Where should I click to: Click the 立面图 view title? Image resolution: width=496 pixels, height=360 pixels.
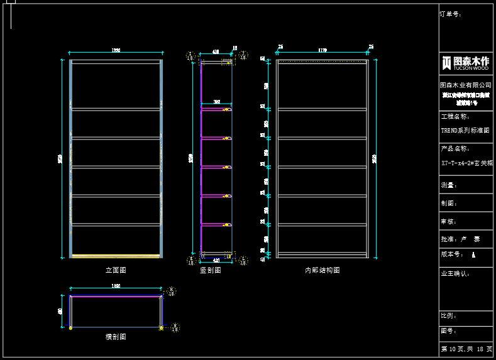(116, 270)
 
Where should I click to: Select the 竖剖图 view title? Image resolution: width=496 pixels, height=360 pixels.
(210, 270)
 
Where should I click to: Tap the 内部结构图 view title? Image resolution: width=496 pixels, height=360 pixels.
(322, 270)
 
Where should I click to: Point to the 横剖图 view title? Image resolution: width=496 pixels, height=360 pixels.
(116, 337)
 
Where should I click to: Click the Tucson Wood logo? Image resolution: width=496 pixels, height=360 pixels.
(465, 62)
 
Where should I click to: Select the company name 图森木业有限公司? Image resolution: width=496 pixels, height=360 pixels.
(465, 85)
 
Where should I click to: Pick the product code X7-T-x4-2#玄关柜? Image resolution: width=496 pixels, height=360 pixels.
(465, 163)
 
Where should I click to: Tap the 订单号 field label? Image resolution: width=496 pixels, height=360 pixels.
(451, 14)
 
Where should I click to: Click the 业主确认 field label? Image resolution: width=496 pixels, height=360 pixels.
(455, 273)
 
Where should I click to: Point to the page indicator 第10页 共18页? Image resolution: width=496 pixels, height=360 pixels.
(466, 349)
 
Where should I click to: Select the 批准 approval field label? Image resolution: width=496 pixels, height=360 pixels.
(449, 239)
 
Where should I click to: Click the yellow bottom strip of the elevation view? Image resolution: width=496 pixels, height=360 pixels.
(116, 256)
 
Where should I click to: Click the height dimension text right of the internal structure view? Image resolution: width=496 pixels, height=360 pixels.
(375, 159)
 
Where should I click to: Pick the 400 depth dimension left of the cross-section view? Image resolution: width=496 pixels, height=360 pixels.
(60, 311)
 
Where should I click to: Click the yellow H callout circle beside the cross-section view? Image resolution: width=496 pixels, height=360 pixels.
(172, 290)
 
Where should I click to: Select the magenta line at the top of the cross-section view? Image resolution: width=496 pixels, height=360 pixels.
(116, 297)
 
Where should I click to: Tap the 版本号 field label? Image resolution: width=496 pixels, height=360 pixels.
(451, 254)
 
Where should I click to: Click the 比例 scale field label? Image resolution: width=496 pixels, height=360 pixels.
(449, 316)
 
